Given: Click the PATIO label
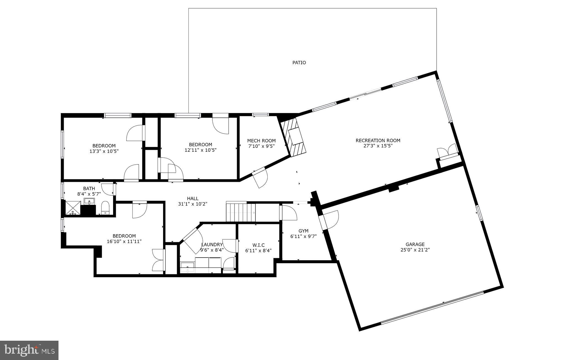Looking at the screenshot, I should click(299, 63).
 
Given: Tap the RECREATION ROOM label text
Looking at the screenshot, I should click(378, 140).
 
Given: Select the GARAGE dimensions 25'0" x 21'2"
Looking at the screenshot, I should click(415, 250).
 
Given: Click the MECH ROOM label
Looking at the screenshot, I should click(261, 141).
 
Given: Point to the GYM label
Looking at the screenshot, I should click(303, 231).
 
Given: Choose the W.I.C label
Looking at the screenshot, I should click(258, 245).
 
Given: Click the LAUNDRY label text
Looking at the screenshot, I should click(212, 244).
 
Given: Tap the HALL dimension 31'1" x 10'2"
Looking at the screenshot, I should click(193, 204).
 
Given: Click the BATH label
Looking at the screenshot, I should click(89, 188).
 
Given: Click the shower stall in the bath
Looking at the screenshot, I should click(73, 208).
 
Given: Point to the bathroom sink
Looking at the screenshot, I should click(89, 202).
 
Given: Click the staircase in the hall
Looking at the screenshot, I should click(241, 212).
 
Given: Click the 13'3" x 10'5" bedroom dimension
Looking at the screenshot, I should click(104, 151).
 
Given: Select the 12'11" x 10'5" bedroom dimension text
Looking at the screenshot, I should click(201, 150).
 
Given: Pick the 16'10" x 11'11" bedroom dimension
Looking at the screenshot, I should click(124, 241).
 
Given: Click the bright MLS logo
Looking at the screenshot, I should click(29, 350).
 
